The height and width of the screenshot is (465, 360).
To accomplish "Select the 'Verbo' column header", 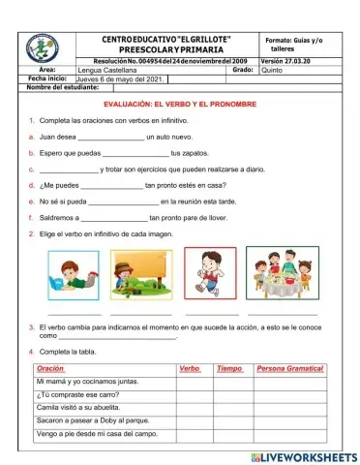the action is (x=190, y=369).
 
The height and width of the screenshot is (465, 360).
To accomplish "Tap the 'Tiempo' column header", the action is (x=229, y=369).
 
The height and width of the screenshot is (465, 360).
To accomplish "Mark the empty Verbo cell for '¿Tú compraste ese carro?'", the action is (x=194, y=395).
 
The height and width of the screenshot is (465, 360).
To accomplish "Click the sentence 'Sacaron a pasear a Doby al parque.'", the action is (x=92, y=421).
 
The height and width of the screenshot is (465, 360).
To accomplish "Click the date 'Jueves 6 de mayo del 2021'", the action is (x=116, y=79).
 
